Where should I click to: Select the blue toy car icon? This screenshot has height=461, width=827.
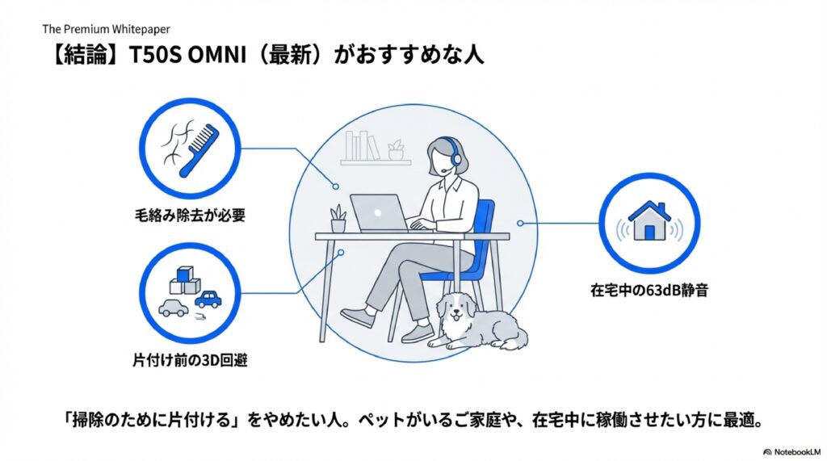pos(208,300)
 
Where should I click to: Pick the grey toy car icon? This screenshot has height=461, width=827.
pos(173,308)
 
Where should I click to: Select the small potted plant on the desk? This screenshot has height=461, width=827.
pos(338,218)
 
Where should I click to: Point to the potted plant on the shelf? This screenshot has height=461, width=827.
pos(395,149)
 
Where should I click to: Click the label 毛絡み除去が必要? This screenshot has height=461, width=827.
pos(189,216)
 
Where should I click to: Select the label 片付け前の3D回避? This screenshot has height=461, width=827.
pos(190,359)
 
